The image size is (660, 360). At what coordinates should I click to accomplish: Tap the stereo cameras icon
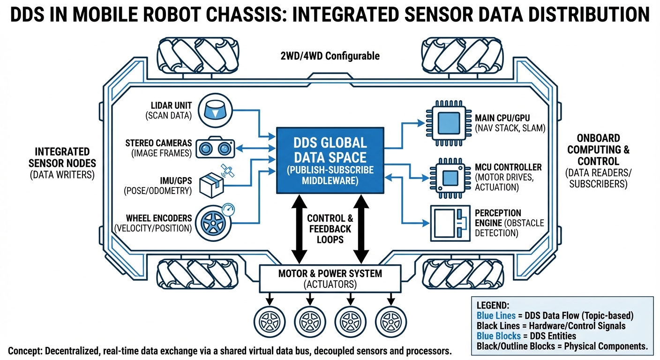pos(215,148)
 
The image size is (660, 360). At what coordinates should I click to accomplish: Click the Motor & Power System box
pos(330,278)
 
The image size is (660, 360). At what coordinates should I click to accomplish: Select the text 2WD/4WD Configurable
pos(330,56)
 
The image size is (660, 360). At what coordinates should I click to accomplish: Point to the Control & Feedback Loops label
pos(330,229)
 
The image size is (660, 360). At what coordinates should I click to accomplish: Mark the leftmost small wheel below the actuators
pos(270,321)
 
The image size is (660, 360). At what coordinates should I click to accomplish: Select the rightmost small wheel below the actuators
pos(391,321)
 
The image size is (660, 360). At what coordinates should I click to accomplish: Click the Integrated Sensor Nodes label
pos(62,163)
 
